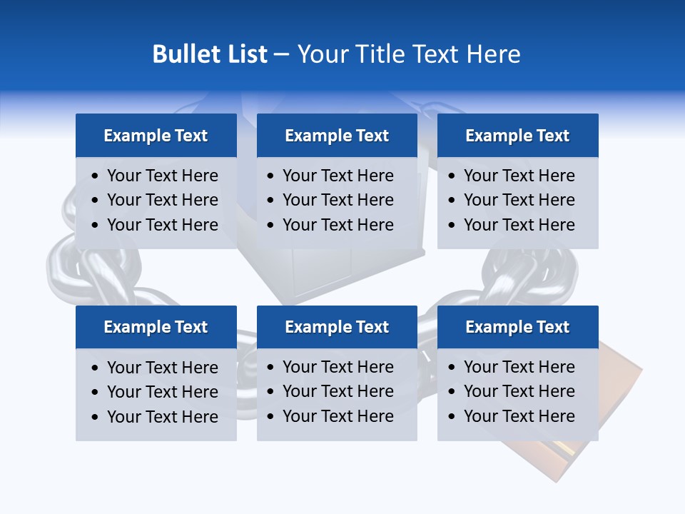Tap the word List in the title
click(x=245, y=54)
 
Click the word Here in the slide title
click(x=494, y=54)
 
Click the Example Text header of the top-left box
click(x=156, y=136)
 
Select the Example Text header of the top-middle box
click(x=337, y=136)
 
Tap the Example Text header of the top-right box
click(x=517, y=136)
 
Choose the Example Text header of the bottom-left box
click(x=156, y=327)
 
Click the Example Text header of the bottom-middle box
click(x=337, y=327)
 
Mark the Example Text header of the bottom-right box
click(x=517, y=327)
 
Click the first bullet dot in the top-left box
click(x=96, y=176)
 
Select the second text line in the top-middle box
click(x=338, y=200)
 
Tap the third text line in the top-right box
click(x=519, y=225)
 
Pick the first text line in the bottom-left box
click(x=162, y=368)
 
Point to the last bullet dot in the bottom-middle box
click(x=271, y=417)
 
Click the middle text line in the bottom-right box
click(x=519, y=391)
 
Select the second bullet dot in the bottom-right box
click(x=452, y=392)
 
